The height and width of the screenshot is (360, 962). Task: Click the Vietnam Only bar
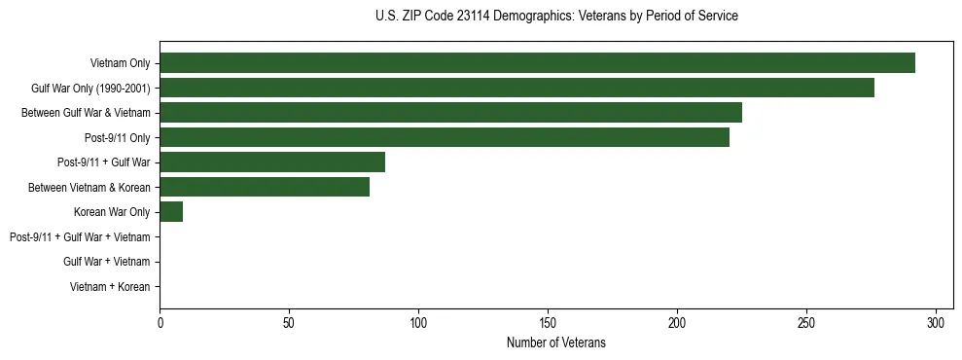pos(537,63)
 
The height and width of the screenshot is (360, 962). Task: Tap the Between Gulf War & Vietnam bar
pos(450,113)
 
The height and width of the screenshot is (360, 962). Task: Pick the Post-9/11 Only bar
pos(445,137)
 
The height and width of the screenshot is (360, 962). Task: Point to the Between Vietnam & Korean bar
pos(265,187)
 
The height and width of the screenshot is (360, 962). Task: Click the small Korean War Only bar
pos(171,212)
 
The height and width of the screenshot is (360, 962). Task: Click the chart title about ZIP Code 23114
pos(556,16)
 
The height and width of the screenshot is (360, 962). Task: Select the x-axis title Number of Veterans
pos(555,342)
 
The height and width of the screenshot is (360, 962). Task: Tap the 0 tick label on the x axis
pos(160,322)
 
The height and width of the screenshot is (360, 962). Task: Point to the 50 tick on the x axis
pos(289,322)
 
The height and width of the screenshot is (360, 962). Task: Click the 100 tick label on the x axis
pos(418,322)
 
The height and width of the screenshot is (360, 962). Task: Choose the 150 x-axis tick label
pos(548,322)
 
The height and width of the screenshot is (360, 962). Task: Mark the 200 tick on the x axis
pos(677,322)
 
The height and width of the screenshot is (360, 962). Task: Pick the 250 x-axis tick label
pos(806,322)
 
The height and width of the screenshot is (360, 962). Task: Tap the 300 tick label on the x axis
pos(936,322)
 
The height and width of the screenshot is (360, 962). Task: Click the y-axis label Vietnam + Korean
pos(110,287)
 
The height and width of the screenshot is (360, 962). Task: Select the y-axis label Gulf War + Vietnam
pos(106,262)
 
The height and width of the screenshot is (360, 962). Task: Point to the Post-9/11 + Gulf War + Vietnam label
pos(80,237)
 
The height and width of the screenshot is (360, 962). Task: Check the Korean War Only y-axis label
pos(112,212)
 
